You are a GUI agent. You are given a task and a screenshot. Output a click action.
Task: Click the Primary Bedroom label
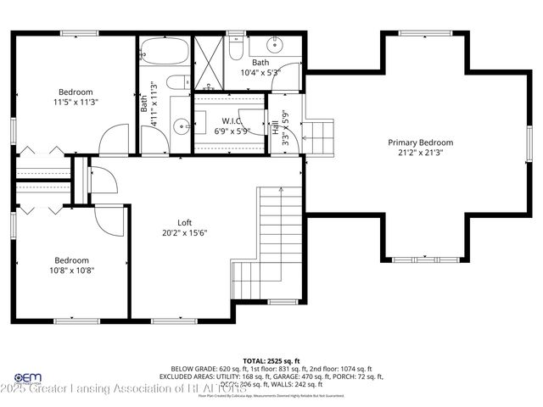[x=416, y=142]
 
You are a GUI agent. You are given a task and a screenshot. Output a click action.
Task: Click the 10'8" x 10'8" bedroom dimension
[x=72, y=270]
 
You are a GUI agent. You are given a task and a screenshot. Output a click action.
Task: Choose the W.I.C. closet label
[x=232, y=120]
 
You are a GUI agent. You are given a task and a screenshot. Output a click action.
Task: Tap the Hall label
[x=275, y=127]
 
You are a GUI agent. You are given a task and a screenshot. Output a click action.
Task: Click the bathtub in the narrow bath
[x=165, y=53]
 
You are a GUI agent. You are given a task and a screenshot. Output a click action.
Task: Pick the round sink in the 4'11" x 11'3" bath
[x=182, y=127]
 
